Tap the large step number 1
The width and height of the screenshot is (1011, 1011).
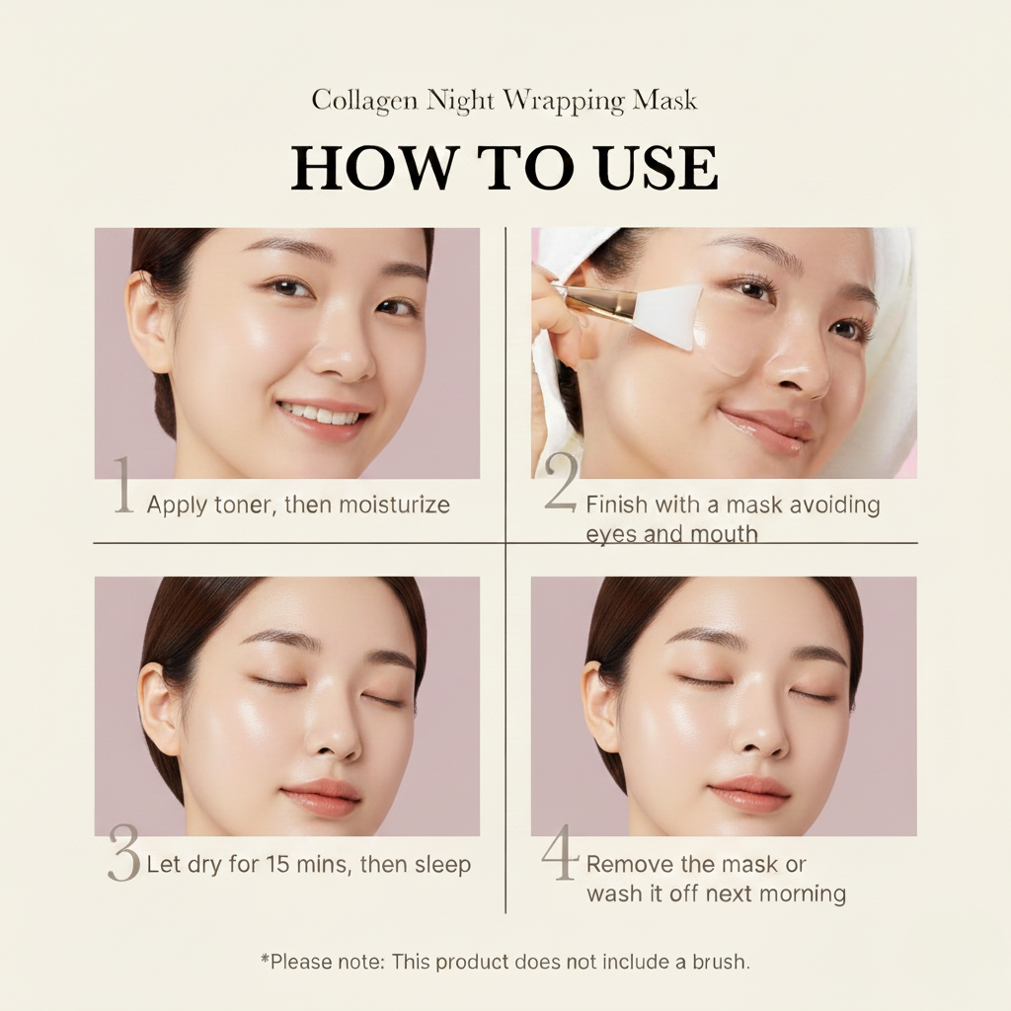[x=123, y=485]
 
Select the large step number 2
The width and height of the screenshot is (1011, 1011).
[x=561, y=485]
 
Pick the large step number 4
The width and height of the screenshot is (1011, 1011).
[x=559, y=855]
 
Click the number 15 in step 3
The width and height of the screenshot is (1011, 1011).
[x=279, y=865]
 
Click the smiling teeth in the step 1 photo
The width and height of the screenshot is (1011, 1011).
[x=322, y=415]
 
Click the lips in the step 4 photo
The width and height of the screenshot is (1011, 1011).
[x=750, y=792]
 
